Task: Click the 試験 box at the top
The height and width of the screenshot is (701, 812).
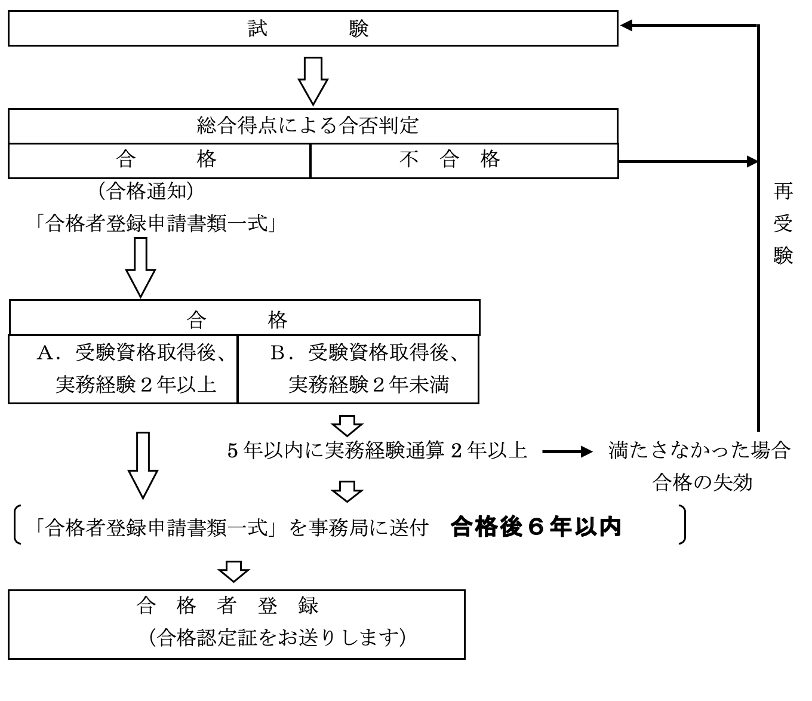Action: (312, 28)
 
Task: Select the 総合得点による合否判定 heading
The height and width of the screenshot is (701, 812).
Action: (308, 125)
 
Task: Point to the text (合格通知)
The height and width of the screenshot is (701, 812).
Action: (146, 191)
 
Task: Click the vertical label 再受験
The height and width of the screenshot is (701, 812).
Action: (783, 223)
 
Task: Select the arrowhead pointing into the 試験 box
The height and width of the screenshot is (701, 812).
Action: (627, 26)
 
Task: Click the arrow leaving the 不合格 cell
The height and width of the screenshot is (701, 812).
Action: (687, 161)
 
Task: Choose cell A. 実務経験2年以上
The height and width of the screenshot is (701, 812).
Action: (123, 369)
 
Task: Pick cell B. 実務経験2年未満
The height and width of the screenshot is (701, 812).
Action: (358, 369)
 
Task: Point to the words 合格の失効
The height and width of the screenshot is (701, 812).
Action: (702, 482)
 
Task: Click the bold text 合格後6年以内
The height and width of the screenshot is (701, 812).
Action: (536, 527)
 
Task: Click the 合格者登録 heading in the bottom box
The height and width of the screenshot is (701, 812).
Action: (227, 606)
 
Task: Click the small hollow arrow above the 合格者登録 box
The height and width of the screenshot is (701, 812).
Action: (233, 570)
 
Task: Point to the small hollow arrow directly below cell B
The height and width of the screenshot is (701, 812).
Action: (347, 425)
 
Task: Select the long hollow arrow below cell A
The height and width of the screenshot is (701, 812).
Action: (143, 465)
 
